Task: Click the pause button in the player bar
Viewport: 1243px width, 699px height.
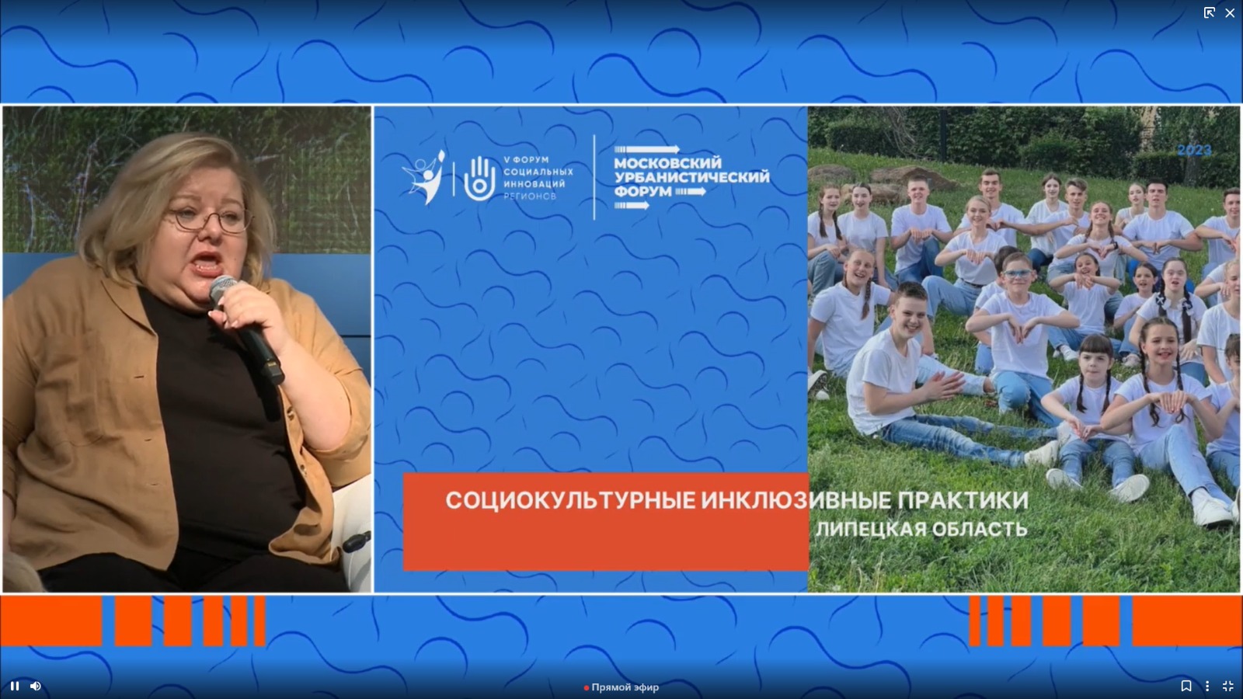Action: (x=15, y=687)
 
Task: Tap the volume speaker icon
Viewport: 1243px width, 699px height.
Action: (x=36, y=687)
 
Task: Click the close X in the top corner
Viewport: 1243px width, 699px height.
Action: (x=1230, y=12)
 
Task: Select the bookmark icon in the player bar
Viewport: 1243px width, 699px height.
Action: (x=1186, y=687)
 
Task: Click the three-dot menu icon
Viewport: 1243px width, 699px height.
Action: (x=1207, y=687)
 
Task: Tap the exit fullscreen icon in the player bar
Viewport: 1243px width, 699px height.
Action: (x=1227, y=687)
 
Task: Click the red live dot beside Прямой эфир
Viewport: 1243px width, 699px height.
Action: (x=586, y=688)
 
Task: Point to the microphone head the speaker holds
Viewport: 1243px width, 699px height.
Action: (x=222, y=288)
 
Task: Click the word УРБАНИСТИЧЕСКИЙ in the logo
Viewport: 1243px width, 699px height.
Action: (x=692, y=177)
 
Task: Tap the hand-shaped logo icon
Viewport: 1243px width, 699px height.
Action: (x=479, y=179)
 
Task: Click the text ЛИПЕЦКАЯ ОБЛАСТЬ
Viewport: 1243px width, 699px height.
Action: (x=921, y=529)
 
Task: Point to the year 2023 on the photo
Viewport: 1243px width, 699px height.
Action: (x=1194, y=151)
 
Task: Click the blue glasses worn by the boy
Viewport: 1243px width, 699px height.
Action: (x=1018, y=273)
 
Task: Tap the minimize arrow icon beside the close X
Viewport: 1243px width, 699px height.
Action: (x=1209, y=12)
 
